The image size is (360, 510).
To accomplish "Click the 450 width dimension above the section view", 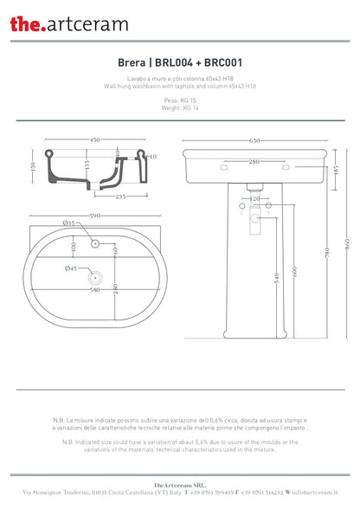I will [84, 140].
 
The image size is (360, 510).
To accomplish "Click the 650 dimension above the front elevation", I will [255, 140].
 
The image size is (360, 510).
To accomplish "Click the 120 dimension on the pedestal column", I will [255, 199].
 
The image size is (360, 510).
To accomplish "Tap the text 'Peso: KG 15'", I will [179, 100].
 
